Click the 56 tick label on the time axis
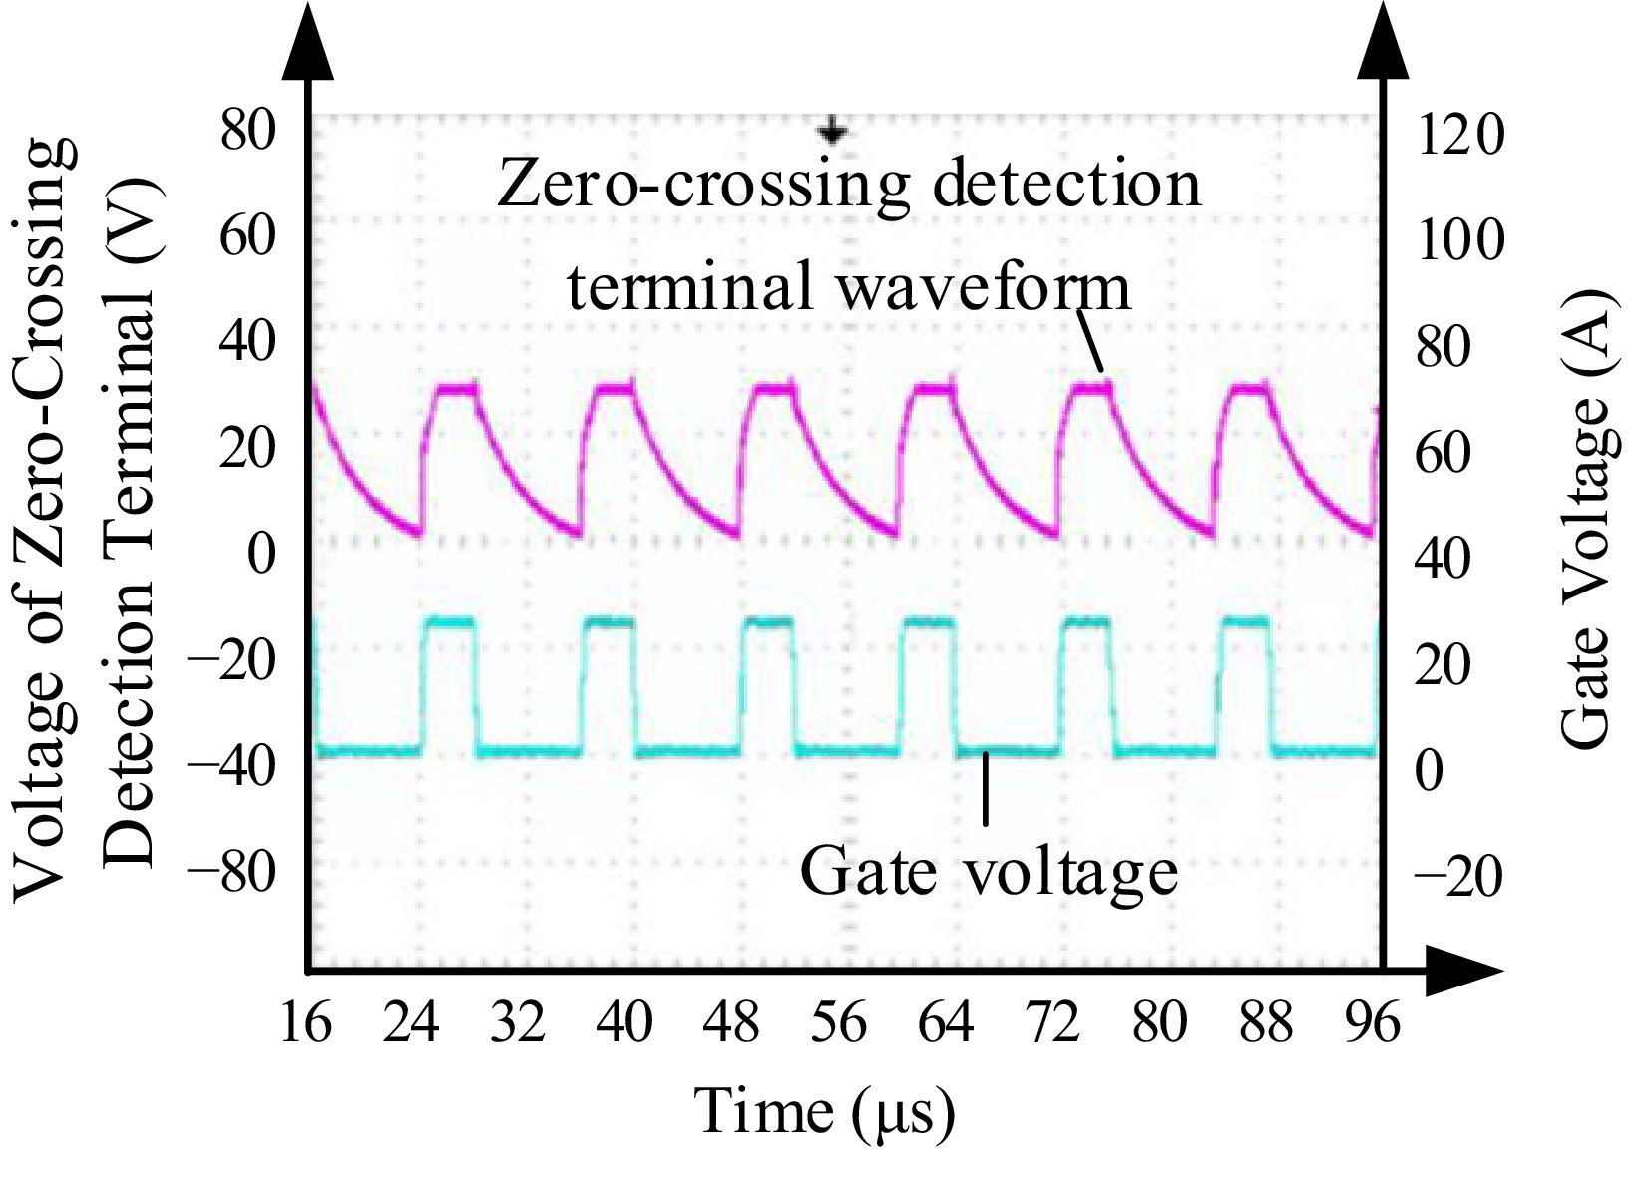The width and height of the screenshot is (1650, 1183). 839,1023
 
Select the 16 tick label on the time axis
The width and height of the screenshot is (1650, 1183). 305,1023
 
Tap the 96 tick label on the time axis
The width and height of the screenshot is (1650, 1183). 1373,1023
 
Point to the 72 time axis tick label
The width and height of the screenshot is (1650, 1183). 1052,1023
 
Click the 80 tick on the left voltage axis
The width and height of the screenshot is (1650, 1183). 247,131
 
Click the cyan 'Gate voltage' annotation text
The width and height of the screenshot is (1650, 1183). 989,871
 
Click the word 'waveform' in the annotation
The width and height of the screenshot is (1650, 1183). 982,287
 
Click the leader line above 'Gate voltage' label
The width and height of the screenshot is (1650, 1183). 986,788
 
